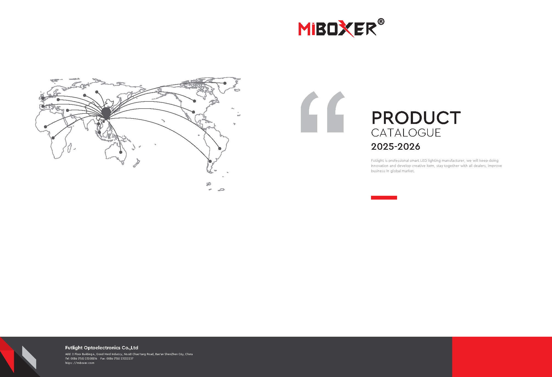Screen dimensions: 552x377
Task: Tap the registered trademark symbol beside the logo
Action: (381, 22)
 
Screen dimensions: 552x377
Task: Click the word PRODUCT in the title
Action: (416, 118)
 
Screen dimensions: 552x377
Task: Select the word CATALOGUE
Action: (406, 133)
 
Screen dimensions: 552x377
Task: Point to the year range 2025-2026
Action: (395, 147)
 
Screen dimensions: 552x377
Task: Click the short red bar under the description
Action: (384, 198)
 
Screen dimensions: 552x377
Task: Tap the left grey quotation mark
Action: (310, 112)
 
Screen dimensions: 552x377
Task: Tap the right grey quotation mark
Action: (336, 112)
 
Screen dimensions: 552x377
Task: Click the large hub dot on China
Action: (106, 112)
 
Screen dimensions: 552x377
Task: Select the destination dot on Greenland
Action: (225, 83)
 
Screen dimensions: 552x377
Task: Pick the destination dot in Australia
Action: (121, 152)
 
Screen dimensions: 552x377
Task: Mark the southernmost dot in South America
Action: (210, 161)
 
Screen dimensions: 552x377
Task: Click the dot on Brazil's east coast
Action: (220, 149)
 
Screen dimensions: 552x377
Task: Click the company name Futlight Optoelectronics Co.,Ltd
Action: (102, 348)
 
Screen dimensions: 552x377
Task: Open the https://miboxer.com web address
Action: (80, 363)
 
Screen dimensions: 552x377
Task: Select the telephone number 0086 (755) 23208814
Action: (84, 359)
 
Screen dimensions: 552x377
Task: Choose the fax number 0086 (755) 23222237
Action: (120, 359)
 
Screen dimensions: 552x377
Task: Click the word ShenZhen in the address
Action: (171, 354)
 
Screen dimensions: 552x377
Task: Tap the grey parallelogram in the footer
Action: (29, 357)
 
